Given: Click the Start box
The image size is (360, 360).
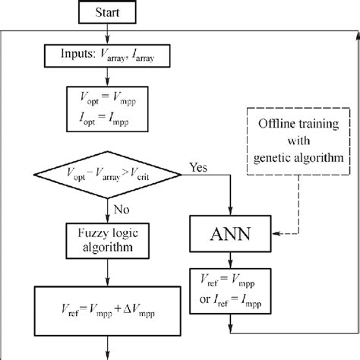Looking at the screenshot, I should tap(111, 12).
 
